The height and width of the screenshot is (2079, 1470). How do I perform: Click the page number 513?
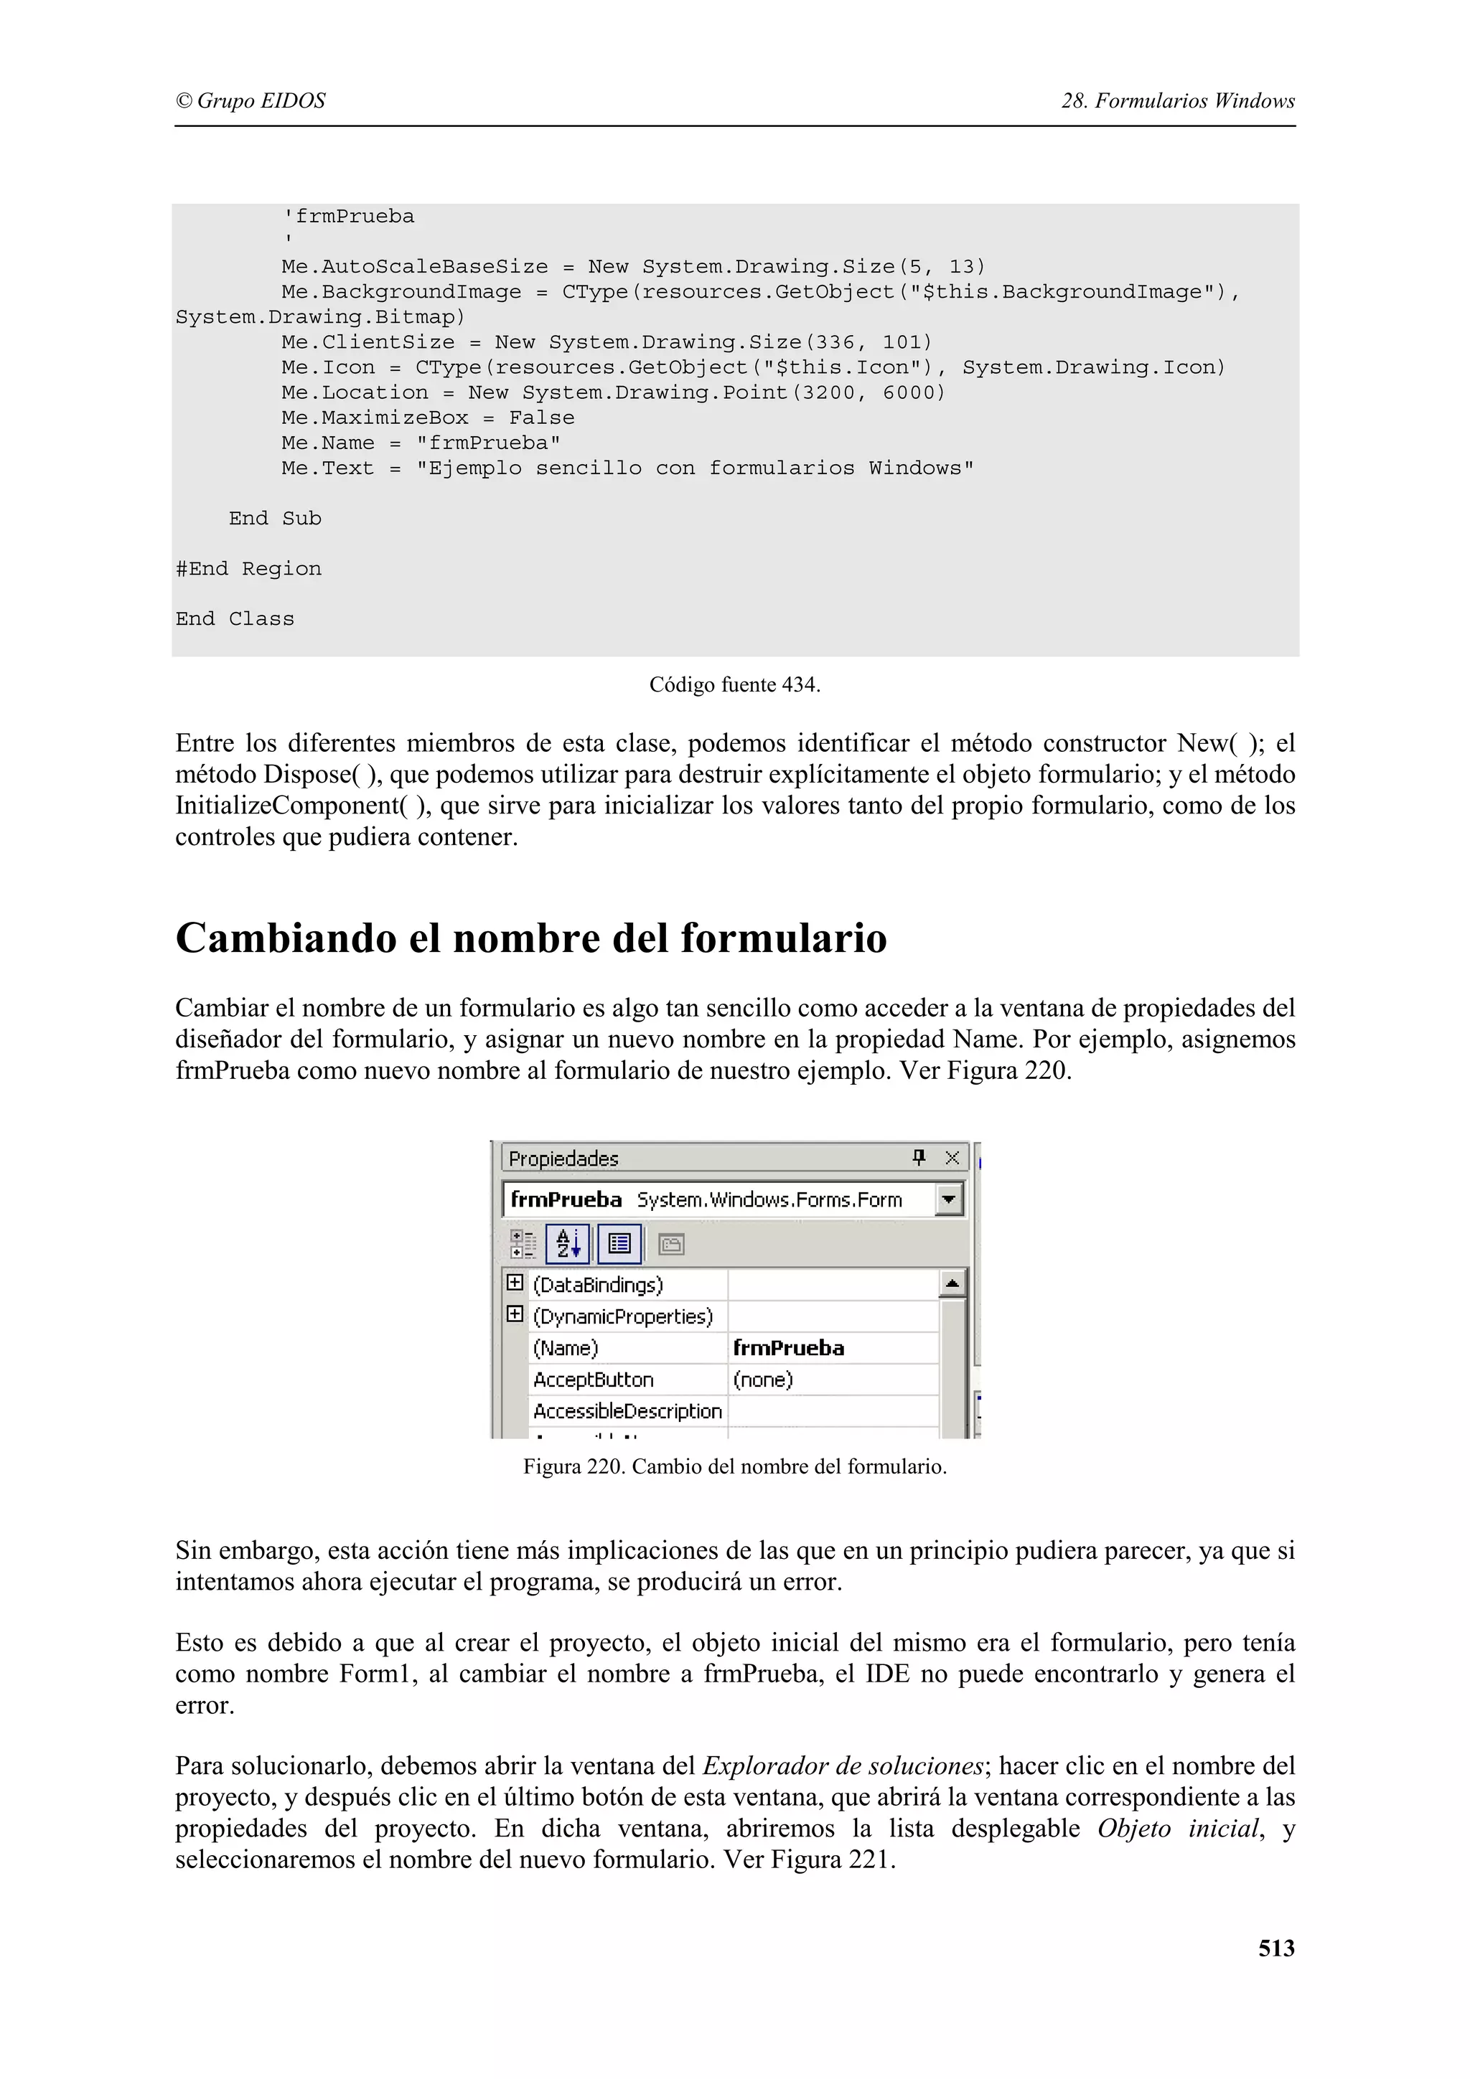(1275, 1948)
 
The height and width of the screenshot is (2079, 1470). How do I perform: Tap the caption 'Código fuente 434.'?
(734, 684)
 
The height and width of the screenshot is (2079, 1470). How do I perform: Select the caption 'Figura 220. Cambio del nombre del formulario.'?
(734, 1466)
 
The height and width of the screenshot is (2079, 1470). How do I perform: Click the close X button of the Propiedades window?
(952, 1157)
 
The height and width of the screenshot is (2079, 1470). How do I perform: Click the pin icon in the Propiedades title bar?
(919, 1157)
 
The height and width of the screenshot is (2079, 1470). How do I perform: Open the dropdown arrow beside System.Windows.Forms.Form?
(948, 1199)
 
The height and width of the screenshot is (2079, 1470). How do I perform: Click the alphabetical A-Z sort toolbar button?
(568, 1243)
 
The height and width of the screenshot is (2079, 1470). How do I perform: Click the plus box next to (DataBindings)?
(515, 1283)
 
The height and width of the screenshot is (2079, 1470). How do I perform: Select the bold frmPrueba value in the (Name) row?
(788, 1347)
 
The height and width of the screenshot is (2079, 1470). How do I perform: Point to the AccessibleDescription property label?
(627, 1410)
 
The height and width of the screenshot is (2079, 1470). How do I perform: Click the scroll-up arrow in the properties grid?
(952, 1283)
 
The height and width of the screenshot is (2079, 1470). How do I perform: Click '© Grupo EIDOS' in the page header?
(250, 100)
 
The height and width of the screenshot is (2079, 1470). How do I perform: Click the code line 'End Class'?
(235, 619)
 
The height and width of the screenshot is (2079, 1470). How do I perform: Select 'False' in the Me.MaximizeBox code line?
(542, 418)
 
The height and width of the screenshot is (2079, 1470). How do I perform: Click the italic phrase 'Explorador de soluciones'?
(843, 1765)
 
